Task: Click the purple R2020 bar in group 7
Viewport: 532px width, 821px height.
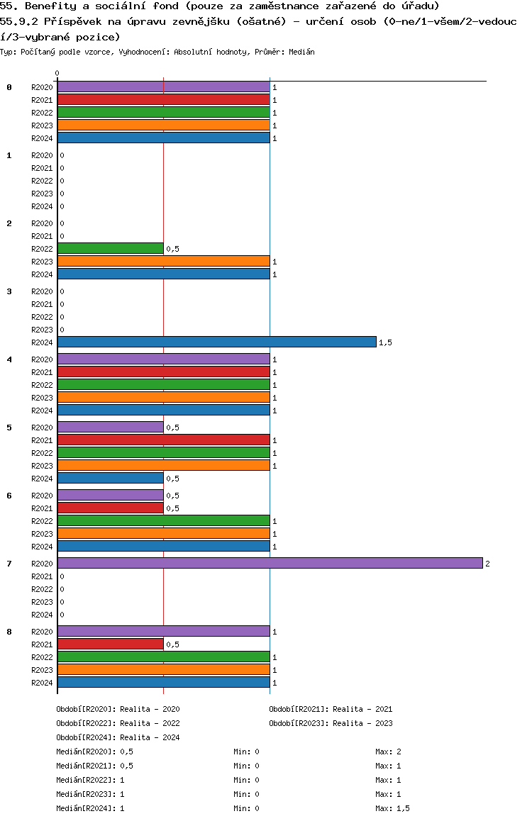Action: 270,563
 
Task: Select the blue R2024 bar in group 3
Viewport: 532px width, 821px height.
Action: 216,342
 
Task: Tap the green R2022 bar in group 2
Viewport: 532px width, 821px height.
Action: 110,248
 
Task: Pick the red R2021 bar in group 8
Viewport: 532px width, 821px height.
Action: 110,644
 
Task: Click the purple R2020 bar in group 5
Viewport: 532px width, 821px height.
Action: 110,427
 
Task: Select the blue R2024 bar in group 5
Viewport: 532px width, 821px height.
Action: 110,478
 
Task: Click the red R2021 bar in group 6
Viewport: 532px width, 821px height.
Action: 110,508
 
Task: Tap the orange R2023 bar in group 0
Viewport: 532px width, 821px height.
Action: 163,125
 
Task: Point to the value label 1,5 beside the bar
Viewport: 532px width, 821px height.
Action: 385,342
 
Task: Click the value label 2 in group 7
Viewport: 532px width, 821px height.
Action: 487,564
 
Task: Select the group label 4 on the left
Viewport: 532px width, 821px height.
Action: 9,359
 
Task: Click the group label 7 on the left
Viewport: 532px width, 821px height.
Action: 9,564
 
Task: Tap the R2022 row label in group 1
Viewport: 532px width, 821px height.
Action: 42,181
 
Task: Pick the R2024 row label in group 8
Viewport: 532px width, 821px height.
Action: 42,683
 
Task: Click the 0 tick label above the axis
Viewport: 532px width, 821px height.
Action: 57,73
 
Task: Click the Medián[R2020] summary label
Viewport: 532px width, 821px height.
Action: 86,752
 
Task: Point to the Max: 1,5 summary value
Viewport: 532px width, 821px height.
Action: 392,808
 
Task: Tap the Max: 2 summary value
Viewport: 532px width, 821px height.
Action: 389,752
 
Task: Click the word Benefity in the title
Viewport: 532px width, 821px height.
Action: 48,6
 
